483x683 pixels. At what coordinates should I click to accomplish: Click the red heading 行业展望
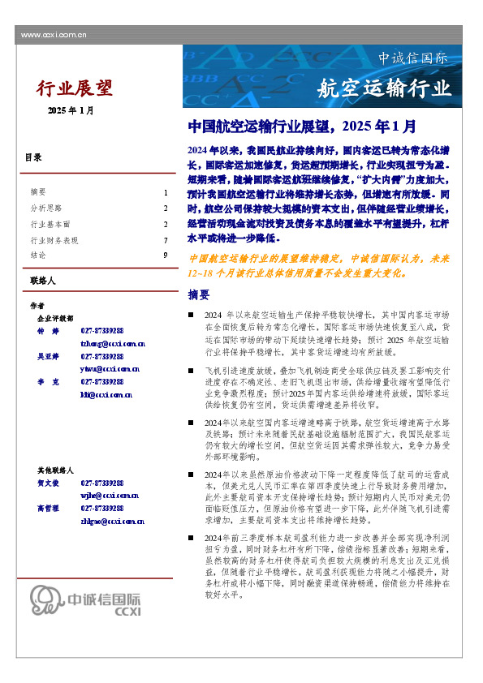point(75,88)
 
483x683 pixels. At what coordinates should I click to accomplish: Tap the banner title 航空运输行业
point(383,88)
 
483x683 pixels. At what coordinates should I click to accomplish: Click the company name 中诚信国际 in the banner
point(412,58)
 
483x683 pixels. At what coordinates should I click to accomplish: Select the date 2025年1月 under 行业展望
point(71,110)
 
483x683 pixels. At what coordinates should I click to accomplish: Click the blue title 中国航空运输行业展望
point(302,127)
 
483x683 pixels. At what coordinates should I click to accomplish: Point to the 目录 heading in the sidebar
point(33,157)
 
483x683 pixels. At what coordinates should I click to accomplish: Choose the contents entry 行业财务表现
point(54,240)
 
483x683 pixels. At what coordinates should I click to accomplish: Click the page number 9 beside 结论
point(165,256)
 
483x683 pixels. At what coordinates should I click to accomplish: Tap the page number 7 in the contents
point(165,240)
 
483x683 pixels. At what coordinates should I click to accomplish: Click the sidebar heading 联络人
point(41,281)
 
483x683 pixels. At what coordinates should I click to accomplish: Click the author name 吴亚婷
point(48,356)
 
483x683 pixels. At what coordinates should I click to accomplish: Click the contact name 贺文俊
point(48,482)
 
